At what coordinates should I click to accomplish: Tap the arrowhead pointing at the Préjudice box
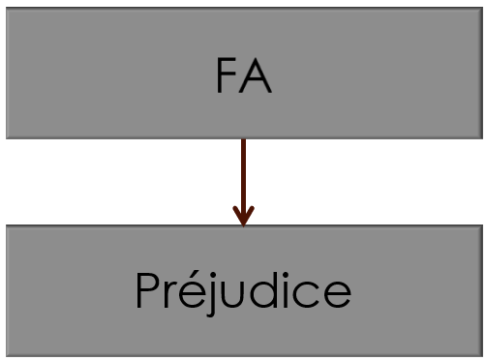243,217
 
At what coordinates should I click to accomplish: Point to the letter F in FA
227,77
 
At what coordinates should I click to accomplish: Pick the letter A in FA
256,77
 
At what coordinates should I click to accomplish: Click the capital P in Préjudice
147,289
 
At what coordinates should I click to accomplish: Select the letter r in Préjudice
169,294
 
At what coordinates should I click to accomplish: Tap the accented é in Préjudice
191,294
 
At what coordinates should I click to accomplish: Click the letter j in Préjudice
212,298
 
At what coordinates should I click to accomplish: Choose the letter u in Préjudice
233,294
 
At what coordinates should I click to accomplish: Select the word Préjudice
242,290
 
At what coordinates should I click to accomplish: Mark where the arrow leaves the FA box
243,141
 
